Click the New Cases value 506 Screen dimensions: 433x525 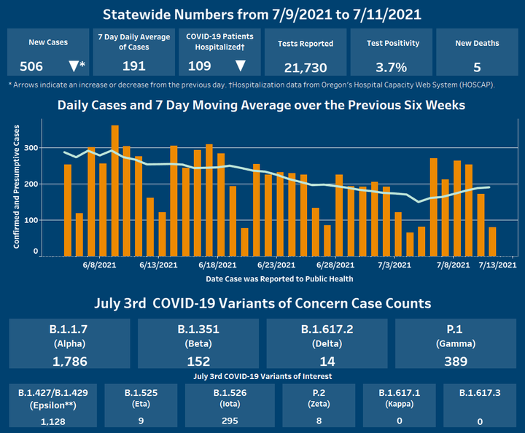32,66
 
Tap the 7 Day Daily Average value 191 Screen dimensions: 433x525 133,66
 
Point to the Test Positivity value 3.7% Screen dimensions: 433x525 392,67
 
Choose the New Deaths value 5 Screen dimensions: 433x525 477,67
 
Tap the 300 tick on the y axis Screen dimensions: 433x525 31,147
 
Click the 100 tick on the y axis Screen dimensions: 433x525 31,219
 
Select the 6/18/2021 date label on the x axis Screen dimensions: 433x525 217,265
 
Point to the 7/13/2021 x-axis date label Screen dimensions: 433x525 497,265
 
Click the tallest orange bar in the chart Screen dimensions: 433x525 114,190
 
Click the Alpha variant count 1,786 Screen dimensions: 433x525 71,360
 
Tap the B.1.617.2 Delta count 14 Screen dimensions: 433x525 327,360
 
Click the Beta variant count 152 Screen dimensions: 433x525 198,360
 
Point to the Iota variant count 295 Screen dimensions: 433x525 230,421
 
